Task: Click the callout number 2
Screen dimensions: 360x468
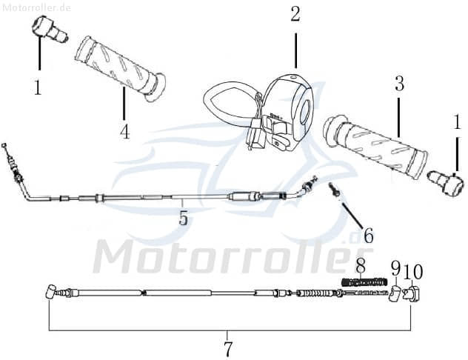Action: click(x=295, y=14)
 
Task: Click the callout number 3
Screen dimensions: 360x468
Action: click(x=399, y=84)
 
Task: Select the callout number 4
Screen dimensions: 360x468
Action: click(x=124, y=132)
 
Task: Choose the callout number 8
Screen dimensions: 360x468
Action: click(x=361, y=265)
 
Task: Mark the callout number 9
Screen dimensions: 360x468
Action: click(x=395, y=269)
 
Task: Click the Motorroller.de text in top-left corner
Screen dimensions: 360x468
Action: click(x=36, y=7)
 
